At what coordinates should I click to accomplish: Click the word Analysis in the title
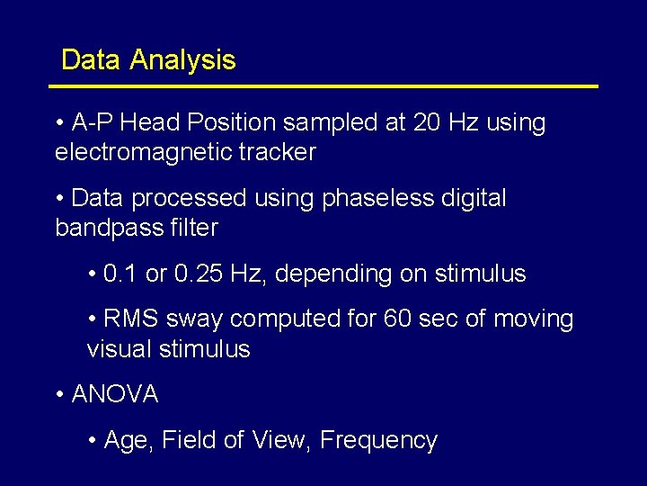[x=182, y=60]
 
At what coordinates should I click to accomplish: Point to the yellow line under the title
[x=323, y=86]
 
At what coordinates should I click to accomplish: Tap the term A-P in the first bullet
[x=93, y=122]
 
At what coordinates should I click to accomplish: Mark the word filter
[x=193, y=228]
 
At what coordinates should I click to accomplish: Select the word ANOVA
[x=114, y=394]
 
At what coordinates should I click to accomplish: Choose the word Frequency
[x=378, y=440]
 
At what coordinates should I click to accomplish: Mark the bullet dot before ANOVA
[x=59, y=394]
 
